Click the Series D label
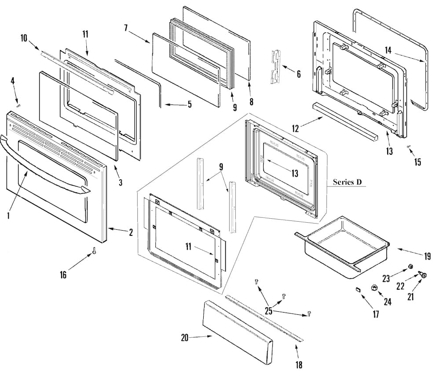pos(350,182)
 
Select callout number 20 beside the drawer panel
pos(185,338)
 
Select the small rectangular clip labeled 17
pos(358,290)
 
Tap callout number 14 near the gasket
pos(388,50)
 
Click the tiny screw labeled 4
pos(18,104)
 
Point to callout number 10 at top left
pos(24,38)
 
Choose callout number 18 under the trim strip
pos(299,365)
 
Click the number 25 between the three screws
pos(269,311)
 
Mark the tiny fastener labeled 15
pos(409,146)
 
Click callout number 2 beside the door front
pos(130,233)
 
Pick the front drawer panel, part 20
pos(238,334)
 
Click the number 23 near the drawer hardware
pos(386,278)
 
